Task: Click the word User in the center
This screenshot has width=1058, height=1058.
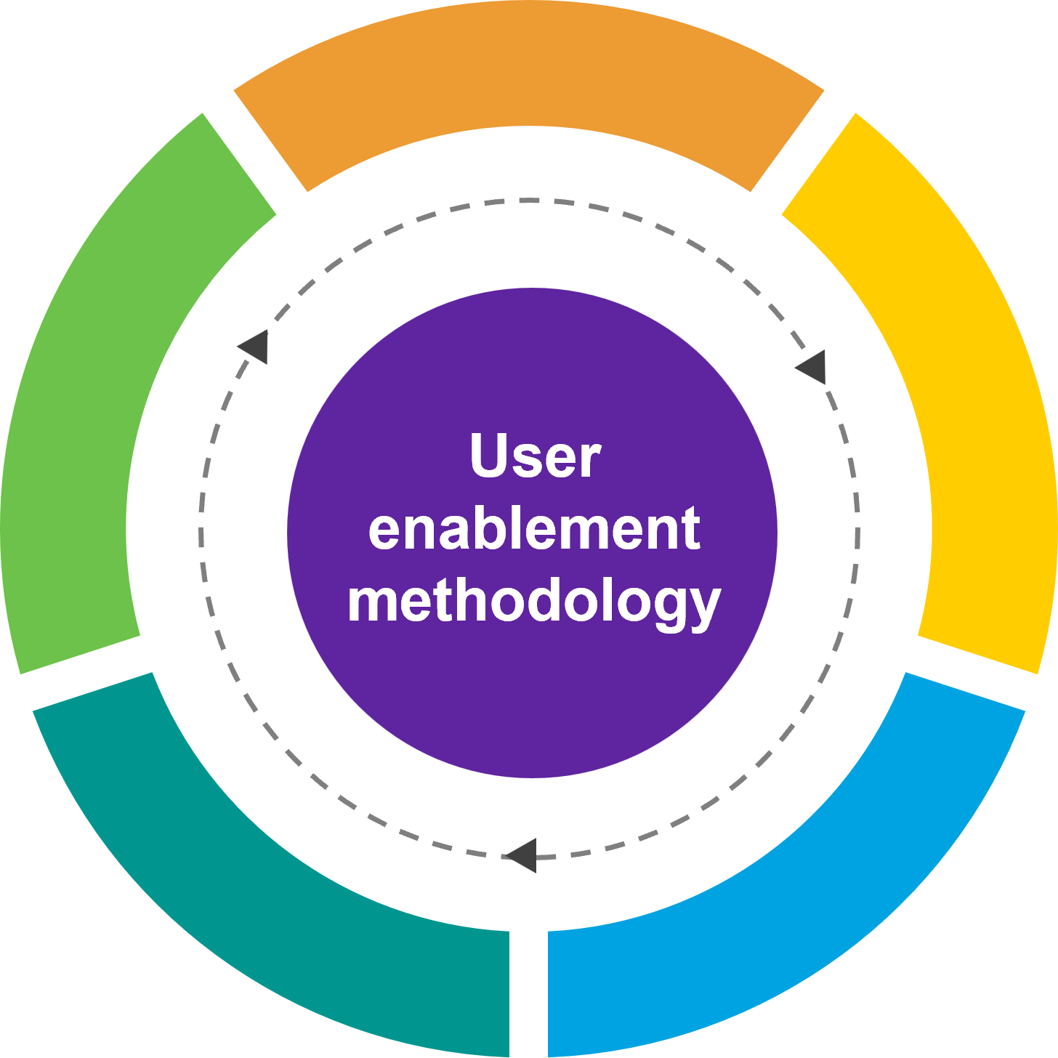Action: [x=535, y=456]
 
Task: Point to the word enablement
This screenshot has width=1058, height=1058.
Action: [x=534, y=529]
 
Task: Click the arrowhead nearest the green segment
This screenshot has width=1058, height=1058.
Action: [x=254, y=346]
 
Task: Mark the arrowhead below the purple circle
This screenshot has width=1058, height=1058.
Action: [x=522, y=855]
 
